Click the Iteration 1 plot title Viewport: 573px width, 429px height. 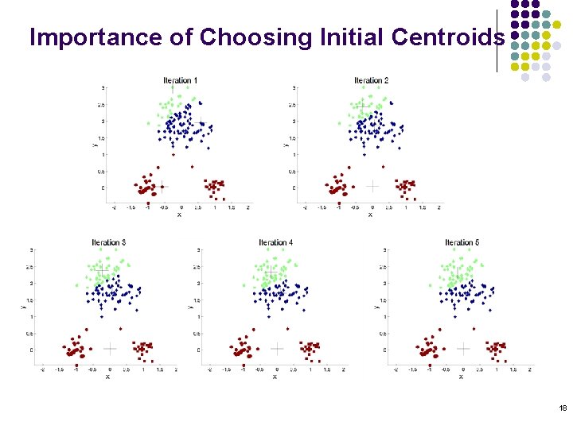click(x=180, y=80)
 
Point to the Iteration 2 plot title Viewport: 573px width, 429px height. click(x=371, y=80)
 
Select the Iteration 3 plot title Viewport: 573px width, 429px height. click(x=108, y=242)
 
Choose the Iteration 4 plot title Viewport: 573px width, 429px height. click(x=275, y=242)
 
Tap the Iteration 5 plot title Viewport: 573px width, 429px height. click(x=462, y=242)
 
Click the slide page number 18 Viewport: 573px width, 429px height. click(x=563, y=408)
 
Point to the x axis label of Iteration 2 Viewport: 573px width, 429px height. click(x=370, y=214)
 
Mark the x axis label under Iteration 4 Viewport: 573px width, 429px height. click(x=275, y=377)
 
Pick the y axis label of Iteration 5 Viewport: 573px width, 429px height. click(x=376, y=305)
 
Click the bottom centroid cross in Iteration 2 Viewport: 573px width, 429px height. click(x=372, y=186)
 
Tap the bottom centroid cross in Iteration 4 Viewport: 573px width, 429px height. click(x=276, y=348)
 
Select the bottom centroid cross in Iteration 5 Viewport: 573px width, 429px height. click(x=463, y=348)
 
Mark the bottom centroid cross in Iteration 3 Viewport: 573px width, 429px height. click(x=110, y=348)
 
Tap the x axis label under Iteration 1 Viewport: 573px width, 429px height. click(x=179, y=214)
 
